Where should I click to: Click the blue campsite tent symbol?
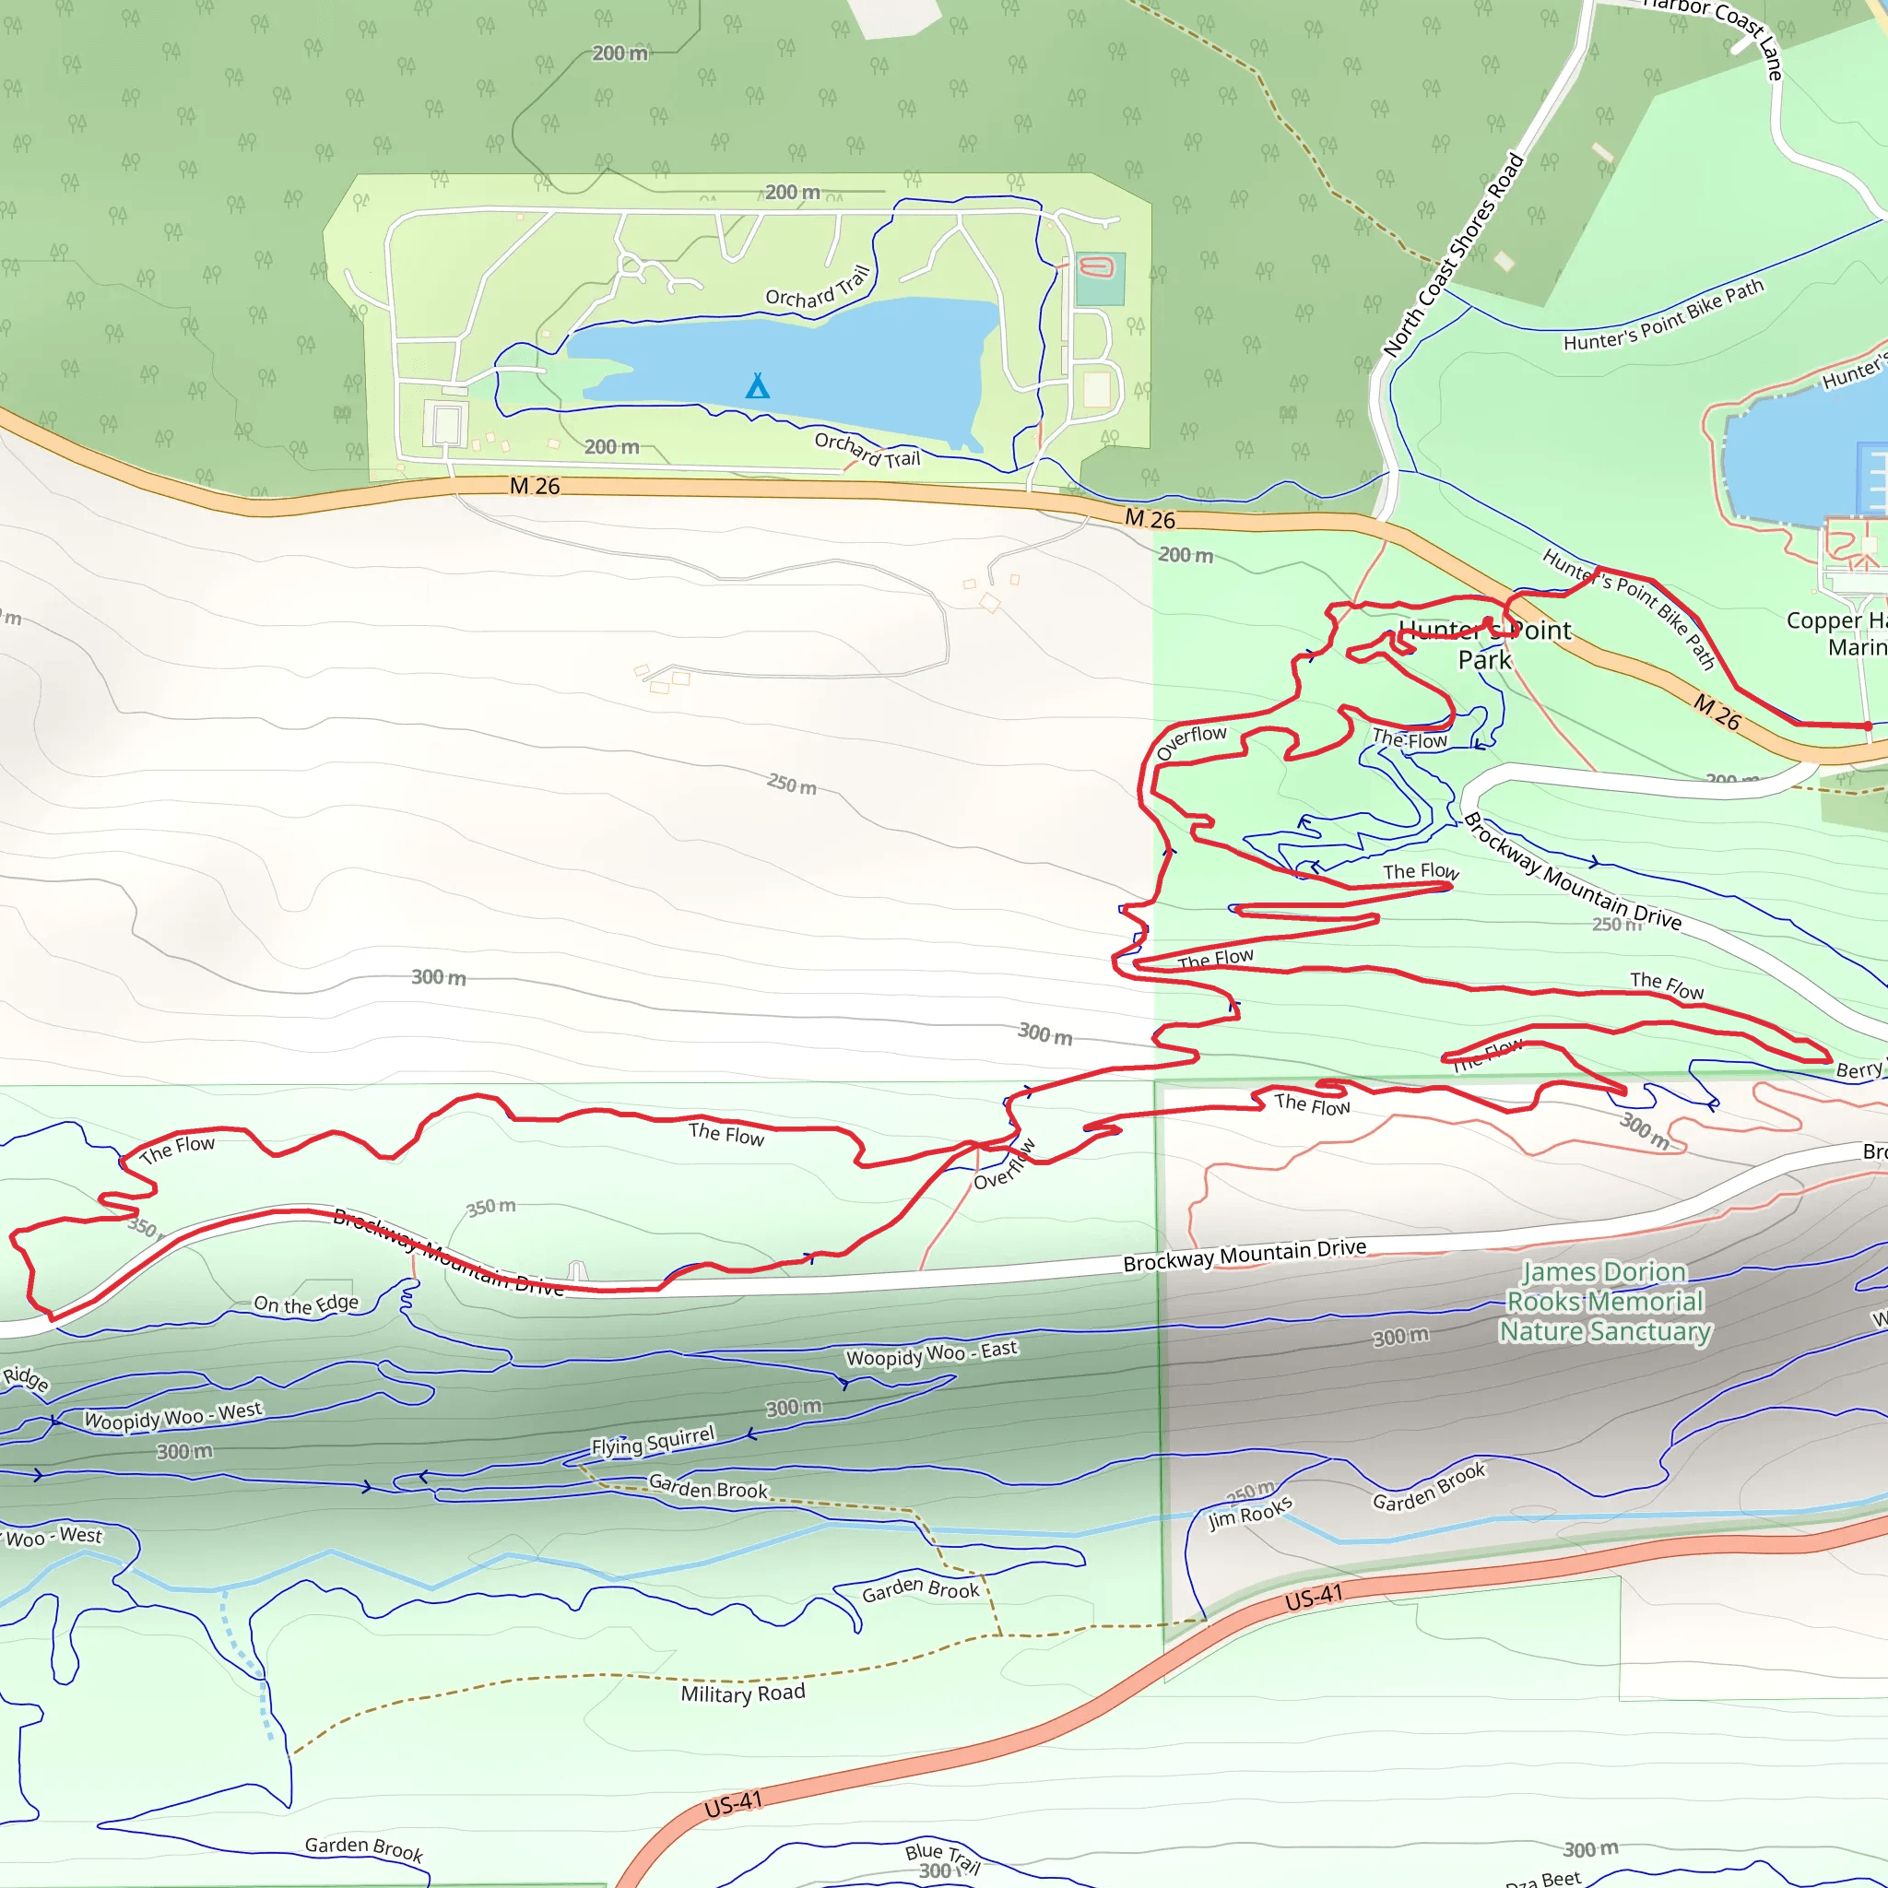coord(758,386)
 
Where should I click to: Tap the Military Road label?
coord(743,1693)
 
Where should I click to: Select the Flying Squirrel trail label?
coord(653,1442)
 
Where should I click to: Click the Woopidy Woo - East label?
coord(931,1354)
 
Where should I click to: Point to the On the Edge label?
coord(306,1304)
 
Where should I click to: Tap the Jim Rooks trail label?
coord(1250,1512)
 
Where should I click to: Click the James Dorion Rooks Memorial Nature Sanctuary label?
coord(1606,1302)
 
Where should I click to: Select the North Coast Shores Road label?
coord(1453,255)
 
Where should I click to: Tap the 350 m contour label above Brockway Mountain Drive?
coord(490,1208)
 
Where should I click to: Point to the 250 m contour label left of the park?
coord(792,784)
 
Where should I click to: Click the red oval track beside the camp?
coord(1096,266)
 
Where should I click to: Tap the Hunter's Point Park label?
coord(1484,645)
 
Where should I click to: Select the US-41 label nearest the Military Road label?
coord(733,1805)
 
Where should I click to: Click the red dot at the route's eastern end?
coord(1868,726)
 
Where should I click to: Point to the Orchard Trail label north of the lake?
coord(817,288)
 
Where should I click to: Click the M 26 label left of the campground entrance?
coord(535,486)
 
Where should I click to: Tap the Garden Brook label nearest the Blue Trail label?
coord(363,1848)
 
